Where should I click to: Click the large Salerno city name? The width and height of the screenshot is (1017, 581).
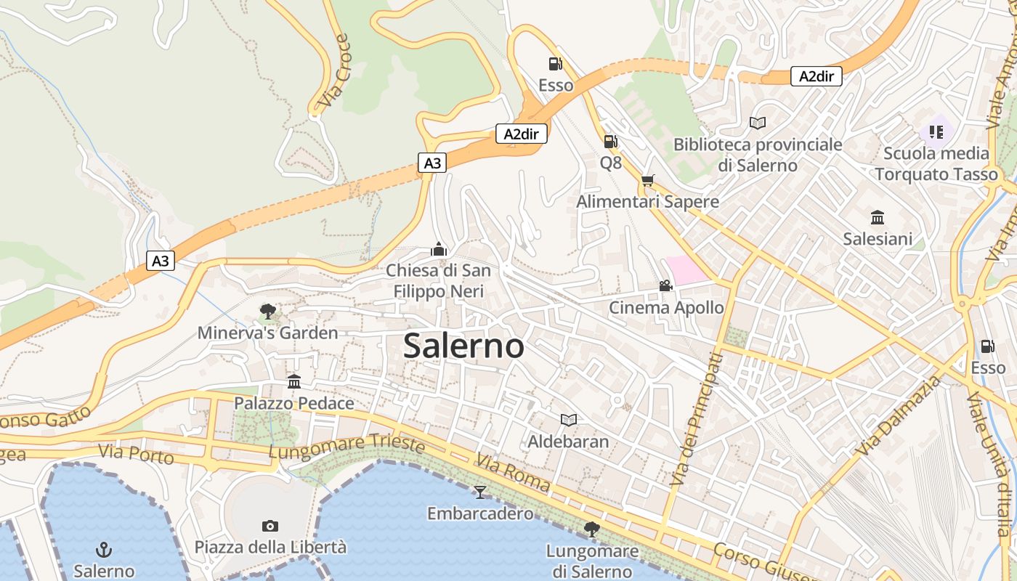click(x=463, y=346)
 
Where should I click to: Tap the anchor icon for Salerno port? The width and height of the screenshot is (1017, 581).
click(x=104, y=549)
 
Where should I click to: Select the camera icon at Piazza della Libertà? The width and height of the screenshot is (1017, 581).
click(x=270, y=526)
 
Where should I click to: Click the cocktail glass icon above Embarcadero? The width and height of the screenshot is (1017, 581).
click(x=479, y=492)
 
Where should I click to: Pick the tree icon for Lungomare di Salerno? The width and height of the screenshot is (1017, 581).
click(x=592, y=529)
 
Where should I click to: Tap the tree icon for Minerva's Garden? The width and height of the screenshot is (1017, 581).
click(x=267, y=312)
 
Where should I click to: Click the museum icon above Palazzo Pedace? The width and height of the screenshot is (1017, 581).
click(x=294, y=381)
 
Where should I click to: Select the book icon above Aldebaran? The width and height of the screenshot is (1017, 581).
click(x=568, y=420)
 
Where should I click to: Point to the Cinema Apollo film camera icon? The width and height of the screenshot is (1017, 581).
click(x=665, y=286)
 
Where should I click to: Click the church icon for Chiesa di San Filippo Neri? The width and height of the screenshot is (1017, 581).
click(x=438, y=249)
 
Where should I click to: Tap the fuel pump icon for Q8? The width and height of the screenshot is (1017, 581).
click(x=610, y=142)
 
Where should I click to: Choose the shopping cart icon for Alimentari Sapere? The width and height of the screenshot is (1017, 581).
click(x=647, y=180)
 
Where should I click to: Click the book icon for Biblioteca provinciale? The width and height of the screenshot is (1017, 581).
click(x=758, y=123)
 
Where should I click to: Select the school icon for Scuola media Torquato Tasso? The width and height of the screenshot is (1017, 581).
click(x=936, y=132)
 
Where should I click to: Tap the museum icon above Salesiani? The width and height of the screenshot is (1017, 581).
click(x=878, y=217)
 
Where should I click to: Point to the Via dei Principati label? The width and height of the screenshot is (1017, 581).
click(x=696, y=420)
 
